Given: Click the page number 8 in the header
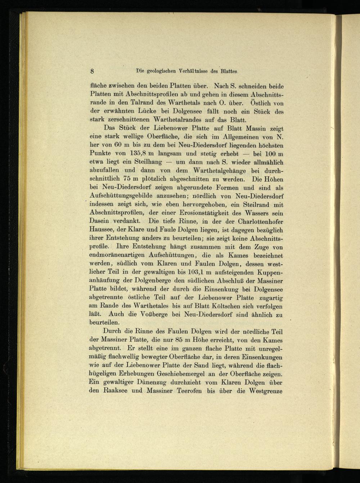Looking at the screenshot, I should pos(93,71).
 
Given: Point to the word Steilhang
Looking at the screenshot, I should pos(145,163).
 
